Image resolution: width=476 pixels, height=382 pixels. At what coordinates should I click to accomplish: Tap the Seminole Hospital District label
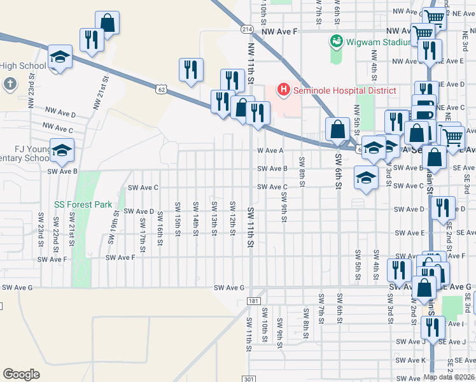[344, 91]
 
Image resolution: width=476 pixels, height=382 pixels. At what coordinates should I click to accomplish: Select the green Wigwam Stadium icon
[336, 42]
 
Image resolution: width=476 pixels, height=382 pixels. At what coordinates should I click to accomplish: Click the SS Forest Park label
[83, 204]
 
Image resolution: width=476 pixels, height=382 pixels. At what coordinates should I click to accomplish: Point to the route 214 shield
[246, 29]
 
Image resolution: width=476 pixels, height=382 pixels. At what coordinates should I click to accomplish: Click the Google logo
[21, 374]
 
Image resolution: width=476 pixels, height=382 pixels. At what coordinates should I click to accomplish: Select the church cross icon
[10, 83]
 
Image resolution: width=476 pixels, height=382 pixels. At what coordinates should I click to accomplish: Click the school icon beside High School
[59, 59]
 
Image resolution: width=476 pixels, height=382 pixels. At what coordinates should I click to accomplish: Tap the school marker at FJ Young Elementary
[62, 151]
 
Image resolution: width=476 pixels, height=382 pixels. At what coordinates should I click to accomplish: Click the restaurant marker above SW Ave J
[432, 329]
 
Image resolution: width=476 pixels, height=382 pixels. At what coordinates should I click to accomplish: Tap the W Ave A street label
[270, 151]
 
